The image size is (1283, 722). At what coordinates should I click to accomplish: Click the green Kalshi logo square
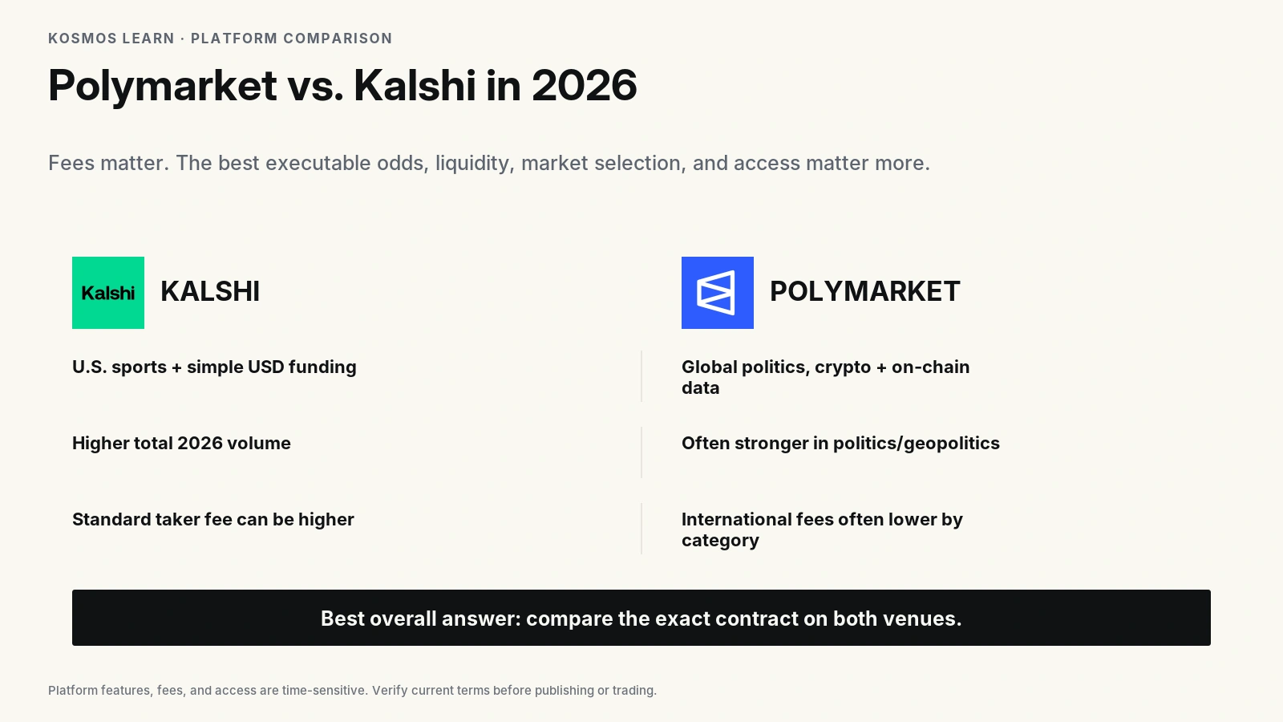(x=108, y=293)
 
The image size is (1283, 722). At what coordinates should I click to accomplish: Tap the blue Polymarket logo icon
(x=718, y=293)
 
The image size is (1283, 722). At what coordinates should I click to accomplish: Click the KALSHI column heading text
(x=210, y=292)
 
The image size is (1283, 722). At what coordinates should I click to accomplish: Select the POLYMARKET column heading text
(x=865, y=292)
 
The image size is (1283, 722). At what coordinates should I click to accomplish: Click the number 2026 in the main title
(x=585, y=85)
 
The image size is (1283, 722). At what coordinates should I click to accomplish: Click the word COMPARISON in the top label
(x=338, y=39)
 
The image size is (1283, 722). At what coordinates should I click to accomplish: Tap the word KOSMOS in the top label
(x=83, y=39)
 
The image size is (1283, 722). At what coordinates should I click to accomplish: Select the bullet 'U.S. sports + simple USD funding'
(x=214, y=367)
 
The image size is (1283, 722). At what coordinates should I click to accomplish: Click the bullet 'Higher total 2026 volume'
(x=181, y=443)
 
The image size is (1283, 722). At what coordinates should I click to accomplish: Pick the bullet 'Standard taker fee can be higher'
(x=213, y=519)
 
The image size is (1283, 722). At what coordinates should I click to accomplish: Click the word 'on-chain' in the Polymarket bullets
(x=931, y=367)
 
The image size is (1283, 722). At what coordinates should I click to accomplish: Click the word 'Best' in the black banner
(x=342, y=619)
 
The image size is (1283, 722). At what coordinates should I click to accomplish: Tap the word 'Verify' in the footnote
(x=390, y=691)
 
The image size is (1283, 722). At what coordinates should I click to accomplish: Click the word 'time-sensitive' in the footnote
(x=324, y=691)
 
